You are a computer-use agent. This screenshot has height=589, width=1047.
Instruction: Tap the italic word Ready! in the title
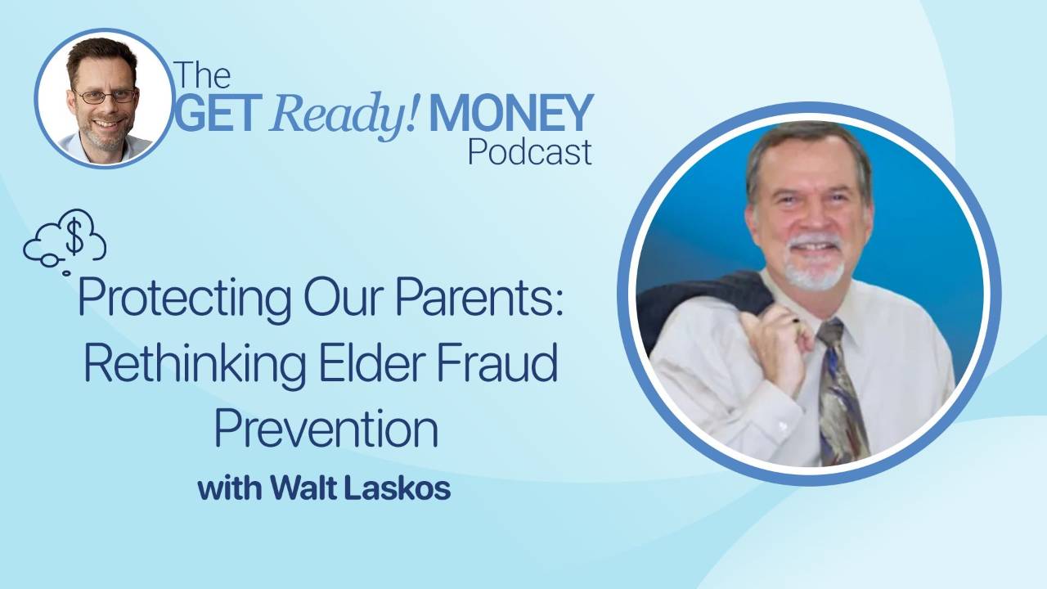pos(344,115)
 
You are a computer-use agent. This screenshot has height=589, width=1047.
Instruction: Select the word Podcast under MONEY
pos(530,152)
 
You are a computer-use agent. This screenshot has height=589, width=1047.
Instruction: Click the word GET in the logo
pos(216,113)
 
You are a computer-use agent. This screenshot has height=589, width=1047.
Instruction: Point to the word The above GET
pos(203,74)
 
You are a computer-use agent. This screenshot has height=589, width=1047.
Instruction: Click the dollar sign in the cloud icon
pos(74,237)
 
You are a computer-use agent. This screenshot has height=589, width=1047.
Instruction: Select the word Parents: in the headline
pos(479,296)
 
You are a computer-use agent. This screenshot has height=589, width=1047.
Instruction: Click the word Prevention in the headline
pos(326,428)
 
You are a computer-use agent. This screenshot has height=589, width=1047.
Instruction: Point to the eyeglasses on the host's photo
pos(106,96)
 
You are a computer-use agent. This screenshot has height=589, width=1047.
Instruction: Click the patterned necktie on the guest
pos(842,393)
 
